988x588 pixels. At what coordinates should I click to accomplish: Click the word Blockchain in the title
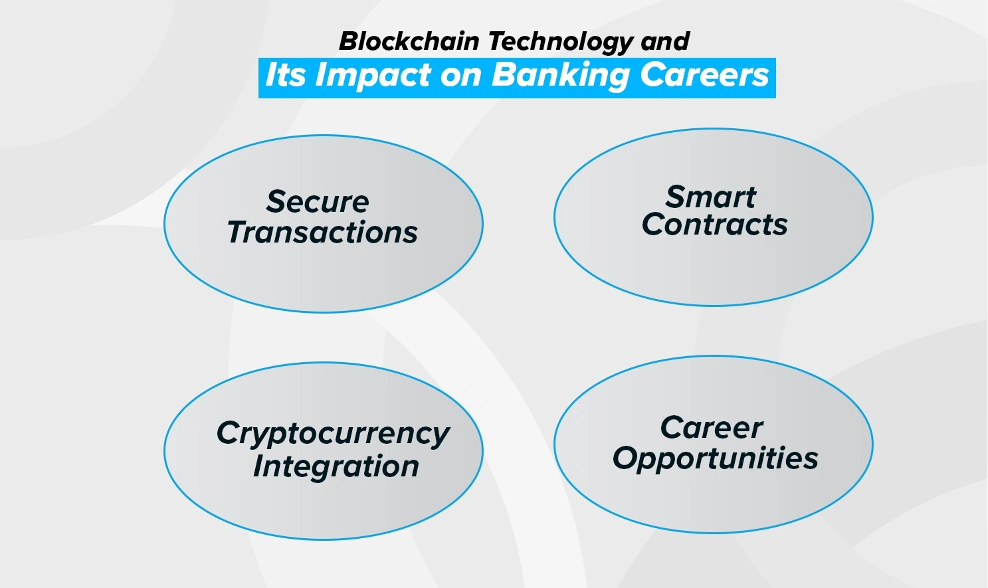tap(409, 41)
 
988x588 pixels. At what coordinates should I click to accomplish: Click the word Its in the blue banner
tap(286, 74)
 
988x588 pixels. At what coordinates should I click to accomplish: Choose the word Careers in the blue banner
tap(704, 75)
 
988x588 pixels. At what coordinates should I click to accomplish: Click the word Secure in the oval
tap(318, 202)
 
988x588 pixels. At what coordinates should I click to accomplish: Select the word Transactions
tap(322, 233)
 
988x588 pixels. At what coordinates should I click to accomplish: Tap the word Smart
tap(711, 197)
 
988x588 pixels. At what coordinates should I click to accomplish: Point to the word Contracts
tap(714, 225)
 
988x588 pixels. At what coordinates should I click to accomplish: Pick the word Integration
tap(336, 466)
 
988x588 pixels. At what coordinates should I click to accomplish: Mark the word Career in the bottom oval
tap(712, 428)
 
